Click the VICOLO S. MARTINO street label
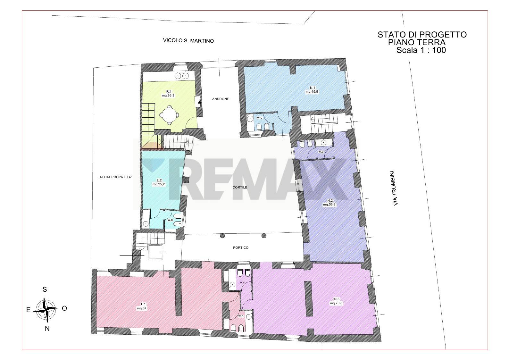[188, 41]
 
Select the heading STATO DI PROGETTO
[422, 35]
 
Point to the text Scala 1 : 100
[421, 50]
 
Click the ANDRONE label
[221, 99]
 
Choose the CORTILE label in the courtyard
[240, 188]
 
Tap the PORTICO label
[241, 247]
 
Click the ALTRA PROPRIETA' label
[115, 177]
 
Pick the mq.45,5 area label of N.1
[312, 92]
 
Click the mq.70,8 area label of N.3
[336, 303]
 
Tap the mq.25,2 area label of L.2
[159, 184]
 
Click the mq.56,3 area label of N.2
[329, 204]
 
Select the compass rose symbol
[46, 309]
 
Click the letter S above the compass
[45, 289]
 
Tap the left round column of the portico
[222, 236]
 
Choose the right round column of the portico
[264, 236]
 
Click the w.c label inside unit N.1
[260, 118]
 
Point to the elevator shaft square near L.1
[155, 252]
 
